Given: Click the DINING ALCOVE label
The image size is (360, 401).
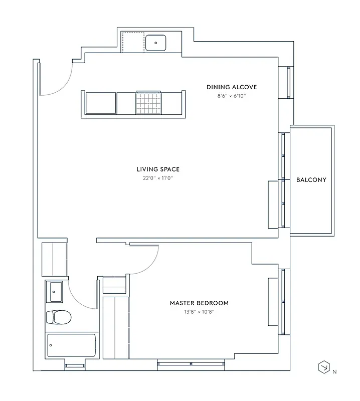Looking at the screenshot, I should coord(232,87).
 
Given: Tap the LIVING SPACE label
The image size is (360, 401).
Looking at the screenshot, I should coord(158,169).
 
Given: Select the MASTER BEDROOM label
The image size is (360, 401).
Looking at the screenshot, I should coord(199,303).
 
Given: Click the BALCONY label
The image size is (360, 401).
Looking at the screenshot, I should coord(311,180).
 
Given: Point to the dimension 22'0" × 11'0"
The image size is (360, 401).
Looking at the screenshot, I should coord(158,178).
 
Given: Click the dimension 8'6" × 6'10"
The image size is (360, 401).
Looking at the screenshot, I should coord(232,96).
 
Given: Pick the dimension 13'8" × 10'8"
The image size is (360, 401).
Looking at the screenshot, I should coord(199,312).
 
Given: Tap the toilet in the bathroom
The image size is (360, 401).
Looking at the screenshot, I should coord(58,317).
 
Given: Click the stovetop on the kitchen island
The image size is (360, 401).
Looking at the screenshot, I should coord(148,103).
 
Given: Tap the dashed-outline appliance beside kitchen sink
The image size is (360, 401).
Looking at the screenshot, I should coord(133,43).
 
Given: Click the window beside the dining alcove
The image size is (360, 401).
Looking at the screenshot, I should coord(288,82).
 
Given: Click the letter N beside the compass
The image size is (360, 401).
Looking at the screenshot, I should coord(334,372).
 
